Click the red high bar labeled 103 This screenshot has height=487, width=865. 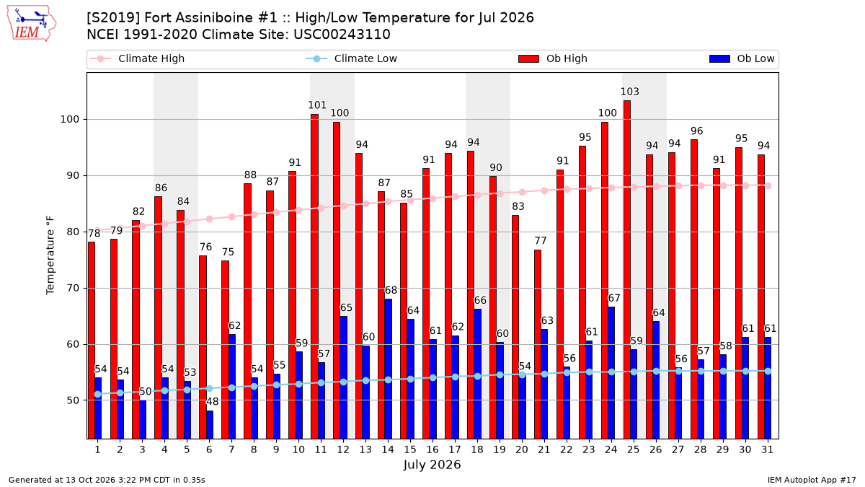(626, 269)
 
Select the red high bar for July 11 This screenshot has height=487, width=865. (315, 276)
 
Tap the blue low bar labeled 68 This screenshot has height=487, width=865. (388, 369)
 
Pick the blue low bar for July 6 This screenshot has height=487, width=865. (210, 424)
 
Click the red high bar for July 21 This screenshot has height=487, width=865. (538, 344)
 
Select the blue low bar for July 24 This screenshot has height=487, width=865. (611, 372)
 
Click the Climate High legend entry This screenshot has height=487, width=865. (138, 58)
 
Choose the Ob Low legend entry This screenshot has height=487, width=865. (742, 58)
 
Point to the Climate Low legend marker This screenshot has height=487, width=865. (316, 58)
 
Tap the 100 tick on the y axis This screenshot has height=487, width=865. (69, 120)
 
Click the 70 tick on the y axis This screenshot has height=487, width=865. (73, 289)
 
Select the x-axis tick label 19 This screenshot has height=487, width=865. (500, 449)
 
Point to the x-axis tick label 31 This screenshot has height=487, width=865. (767, 449)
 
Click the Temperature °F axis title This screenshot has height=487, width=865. (50, 255)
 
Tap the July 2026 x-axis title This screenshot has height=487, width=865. (432, 465)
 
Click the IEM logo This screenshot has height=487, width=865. (32, 24)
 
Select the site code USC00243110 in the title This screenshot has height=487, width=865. (342, 35)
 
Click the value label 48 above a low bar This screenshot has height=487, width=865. (213, 402)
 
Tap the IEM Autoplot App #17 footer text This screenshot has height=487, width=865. (812, 480)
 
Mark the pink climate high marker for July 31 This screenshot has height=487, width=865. (768, 186)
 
